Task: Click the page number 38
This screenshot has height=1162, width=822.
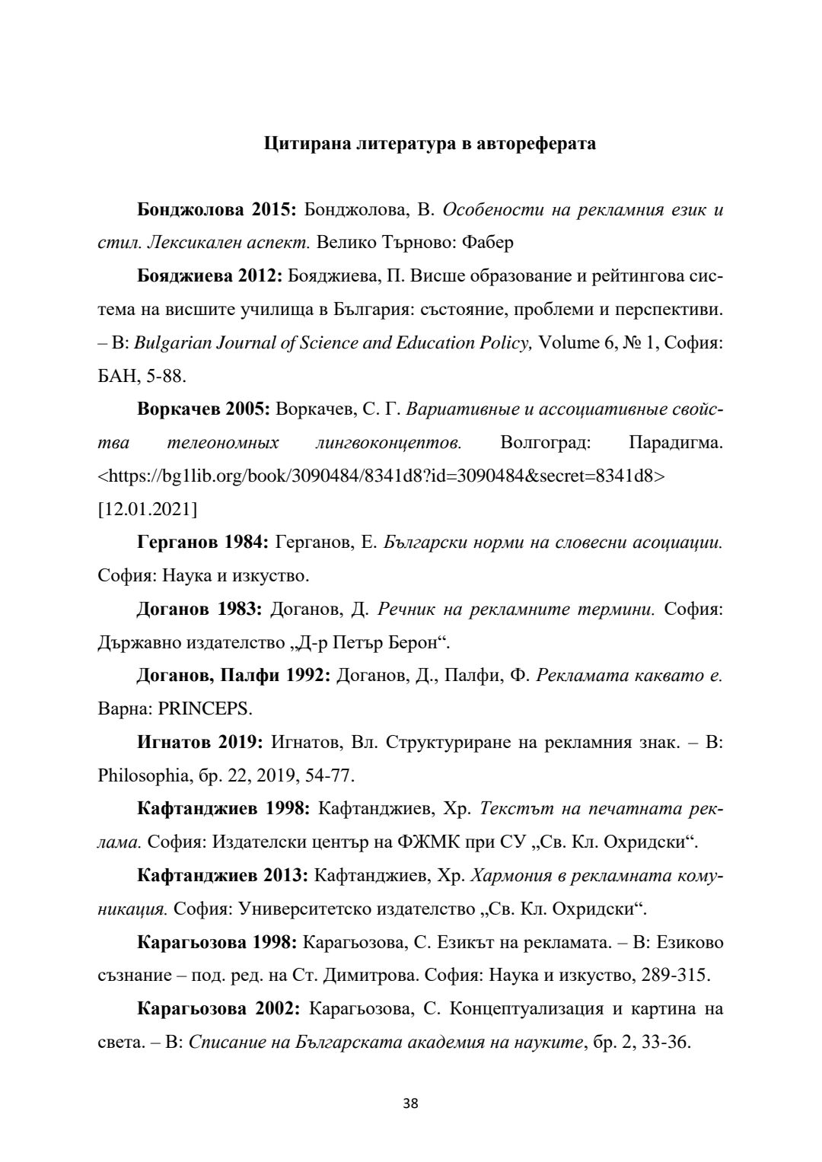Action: pyautogui.click(x=411, y=1103)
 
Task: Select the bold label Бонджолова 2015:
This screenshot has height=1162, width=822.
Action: pyautogui.click(x=217, y=209)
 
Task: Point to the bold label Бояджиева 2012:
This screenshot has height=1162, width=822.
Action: pyautogui.click(x=210, y=275)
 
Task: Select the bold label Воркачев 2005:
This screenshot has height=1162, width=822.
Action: pyautogui.click(x=204, y=409)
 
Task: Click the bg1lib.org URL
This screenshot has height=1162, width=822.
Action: pyautogui.click(x=381, y=476)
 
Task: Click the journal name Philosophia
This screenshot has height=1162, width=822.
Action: pyautogui.click(x=142, y=775)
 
